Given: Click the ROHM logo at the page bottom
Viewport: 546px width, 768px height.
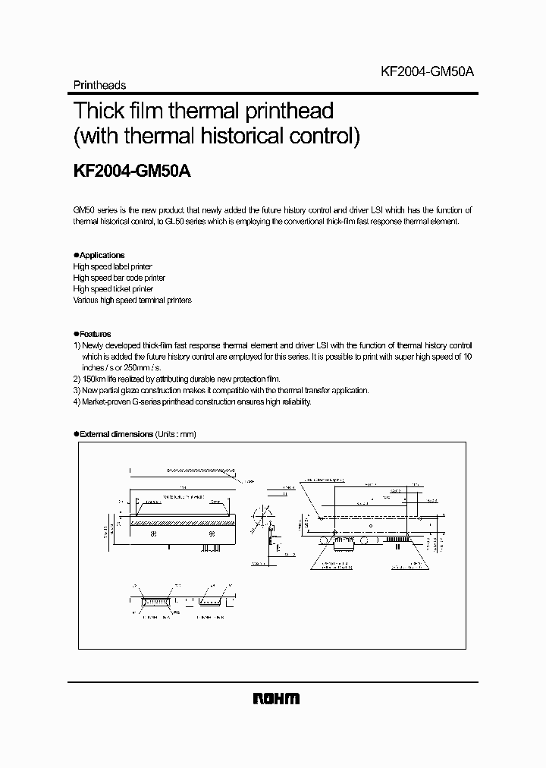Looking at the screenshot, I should click(x=274, y=699).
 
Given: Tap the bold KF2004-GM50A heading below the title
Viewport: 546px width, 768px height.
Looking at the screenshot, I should click(x=131, y=172).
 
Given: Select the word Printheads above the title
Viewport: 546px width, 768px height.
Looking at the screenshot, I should click(x=99, y=86).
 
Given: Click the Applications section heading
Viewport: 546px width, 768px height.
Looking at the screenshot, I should click(x=102, y=256).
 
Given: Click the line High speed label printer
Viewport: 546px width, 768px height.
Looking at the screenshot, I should click(x=112, y=267).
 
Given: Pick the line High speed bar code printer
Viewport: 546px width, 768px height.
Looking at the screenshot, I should click(x=119, y=278).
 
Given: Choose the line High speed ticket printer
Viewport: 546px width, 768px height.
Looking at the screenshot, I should click(x=113, y=289).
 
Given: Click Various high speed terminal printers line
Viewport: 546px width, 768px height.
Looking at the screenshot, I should click(x=132, y=300).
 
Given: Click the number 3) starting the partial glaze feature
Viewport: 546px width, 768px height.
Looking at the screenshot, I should click(x=77, y=390).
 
